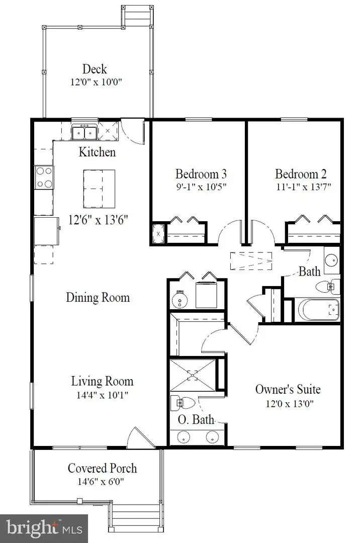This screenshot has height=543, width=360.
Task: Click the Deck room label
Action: click(95, 69)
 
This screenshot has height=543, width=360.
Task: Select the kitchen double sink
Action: click(84, 133)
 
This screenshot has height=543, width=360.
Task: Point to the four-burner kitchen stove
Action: click(44, 177)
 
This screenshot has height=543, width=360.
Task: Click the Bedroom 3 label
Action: click(201, 174)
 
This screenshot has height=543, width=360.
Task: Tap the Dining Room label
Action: click(98, 297)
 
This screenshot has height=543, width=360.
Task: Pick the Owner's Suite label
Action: click(288, 389)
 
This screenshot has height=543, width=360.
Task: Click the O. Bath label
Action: click(196, 420)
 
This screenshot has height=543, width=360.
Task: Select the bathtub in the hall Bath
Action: click(318, 310)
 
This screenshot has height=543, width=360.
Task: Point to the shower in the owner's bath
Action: click(192, 375)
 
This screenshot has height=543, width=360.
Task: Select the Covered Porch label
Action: click(102, 469)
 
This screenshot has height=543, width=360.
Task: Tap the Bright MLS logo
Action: click(44, 528)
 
